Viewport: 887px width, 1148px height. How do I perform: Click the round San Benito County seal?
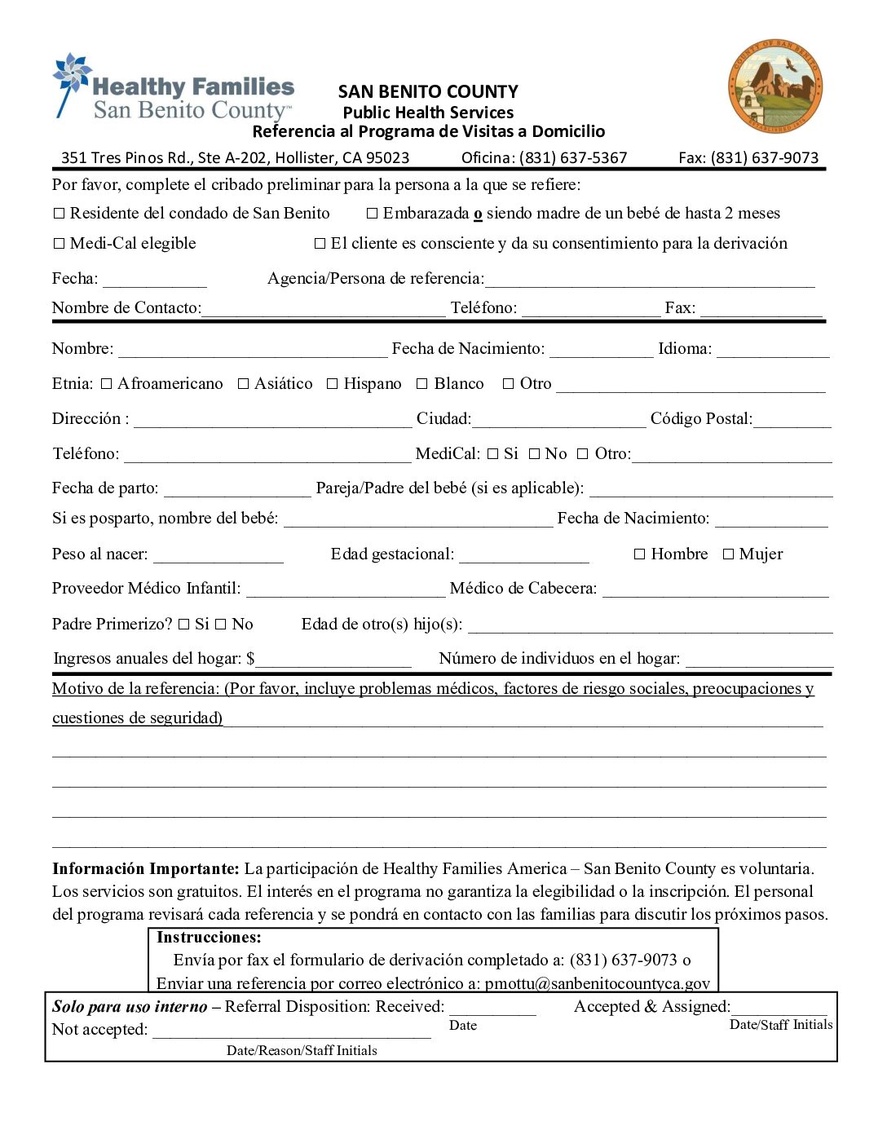coord(774,86)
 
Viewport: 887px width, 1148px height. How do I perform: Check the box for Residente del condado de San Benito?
coord(59,214)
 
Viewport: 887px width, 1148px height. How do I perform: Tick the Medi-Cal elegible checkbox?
coord(59,244)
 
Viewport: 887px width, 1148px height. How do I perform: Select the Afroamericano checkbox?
coord(106,384)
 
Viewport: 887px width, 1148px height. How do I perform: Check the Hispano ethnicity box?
coord(332,384)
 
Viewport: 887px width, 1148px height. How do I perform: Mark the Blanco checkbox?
coord(422,384)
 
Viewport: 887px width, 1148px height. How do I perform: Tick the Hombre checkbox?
coord(639,554)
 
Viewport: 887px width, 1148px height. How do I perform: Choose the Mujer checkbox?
coord(728,554)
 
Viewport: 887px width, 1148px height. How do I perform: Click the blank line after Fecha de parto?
coord(237,489)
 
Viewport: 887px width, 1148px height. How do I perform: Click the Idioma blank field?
coord(772,350)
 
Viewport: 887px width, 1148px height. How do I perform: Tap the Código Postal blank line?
coord(792,420)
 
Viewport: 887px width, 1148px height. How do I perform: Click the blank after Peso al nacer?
coord(218,555)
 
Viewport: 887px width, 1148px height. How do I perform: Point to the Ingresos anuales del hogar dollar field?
coord(333,660)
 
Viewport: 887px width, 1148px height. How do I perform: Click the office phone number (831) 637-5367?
coord(573,158)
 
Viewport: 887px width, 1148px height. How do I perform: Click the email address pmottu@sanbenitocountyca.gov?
coord(597,983)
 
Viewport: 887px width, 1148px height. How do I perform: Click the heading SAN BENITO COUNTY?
coord(428,91)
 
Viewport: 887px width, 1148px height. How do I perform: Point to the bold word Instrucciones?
coord(209,938)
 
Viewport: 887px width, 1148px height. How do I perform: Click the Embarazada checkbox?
coord(372,214)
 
